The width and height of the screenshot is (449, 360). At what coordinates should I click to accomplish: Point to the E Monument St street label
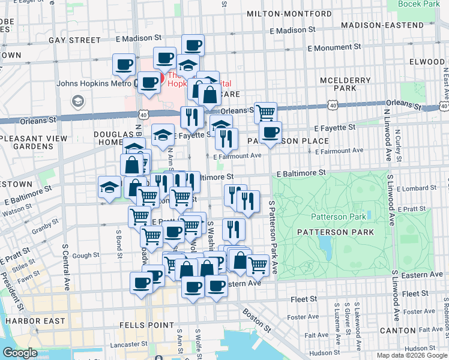[333, 46]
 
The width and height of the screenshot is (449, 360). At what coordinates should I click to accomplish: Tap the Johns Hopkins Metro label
[94, 83]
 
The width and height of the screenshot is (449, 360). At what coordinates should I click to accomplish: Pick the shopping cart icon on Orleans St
[265, 112]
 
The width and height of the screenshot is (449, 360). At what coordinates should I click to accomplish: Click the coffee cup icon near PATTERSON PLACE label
[270, 133]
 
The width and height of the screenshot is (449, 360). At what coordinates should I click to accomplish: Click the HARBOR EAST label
[35, 321]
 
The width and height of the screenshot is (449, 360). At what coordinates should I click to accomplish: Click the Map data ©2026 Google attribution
[411, 355]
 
